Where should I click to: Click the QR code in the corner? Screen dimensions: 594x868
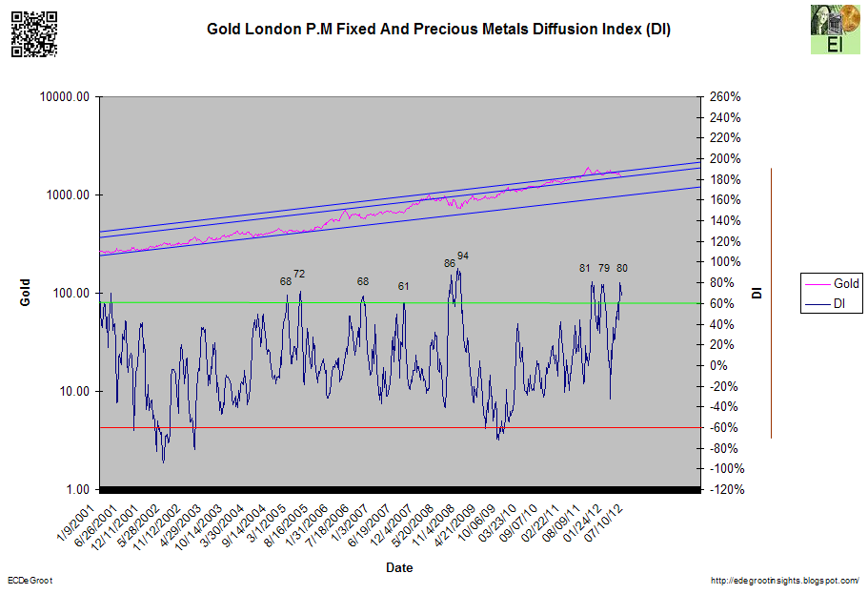pos(33,33)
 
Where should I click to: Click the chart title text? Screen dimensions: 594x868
pos(439,30)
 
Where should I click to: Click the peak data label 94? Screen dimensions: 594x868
pos(463,256)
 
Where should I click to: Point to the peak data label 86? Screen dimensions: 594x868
pos(450,263)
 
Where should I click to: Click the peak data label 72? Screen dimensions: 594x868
pos(299,275)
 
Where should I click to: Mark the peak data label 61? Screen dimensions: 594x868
pos(404,286)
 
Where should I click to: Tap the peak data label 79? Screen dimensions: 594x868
pos(603,269)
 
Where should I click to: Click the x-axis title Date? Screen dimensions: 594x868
pos(399,568)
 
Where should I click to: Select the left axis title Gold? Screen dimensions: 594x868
pos(27,293)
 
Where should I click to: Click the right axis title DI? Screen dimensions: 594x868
pos(757,292)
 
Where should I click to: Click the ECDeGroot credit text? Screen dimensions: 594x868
pos(30,581)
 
